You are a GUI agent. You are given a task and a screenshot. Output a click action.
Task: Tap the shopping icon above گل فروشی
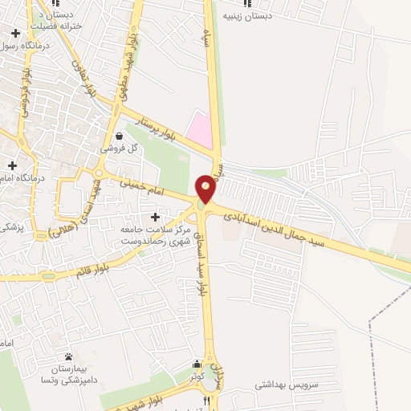[x=120, y=136]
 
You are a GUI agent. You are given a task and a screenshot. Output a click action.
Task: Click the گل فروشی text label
[x=120, y=149]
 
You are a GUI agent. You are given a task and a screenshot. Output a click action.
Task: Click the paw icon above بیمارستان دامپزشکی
[x=68, y=356]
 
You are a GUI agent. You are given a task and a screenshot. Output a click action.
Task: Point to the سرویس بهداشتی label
[x=287, y=385]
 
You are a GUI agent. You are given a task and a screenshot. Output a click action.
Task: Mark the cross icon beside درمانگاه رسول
[x=15, y=33]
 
